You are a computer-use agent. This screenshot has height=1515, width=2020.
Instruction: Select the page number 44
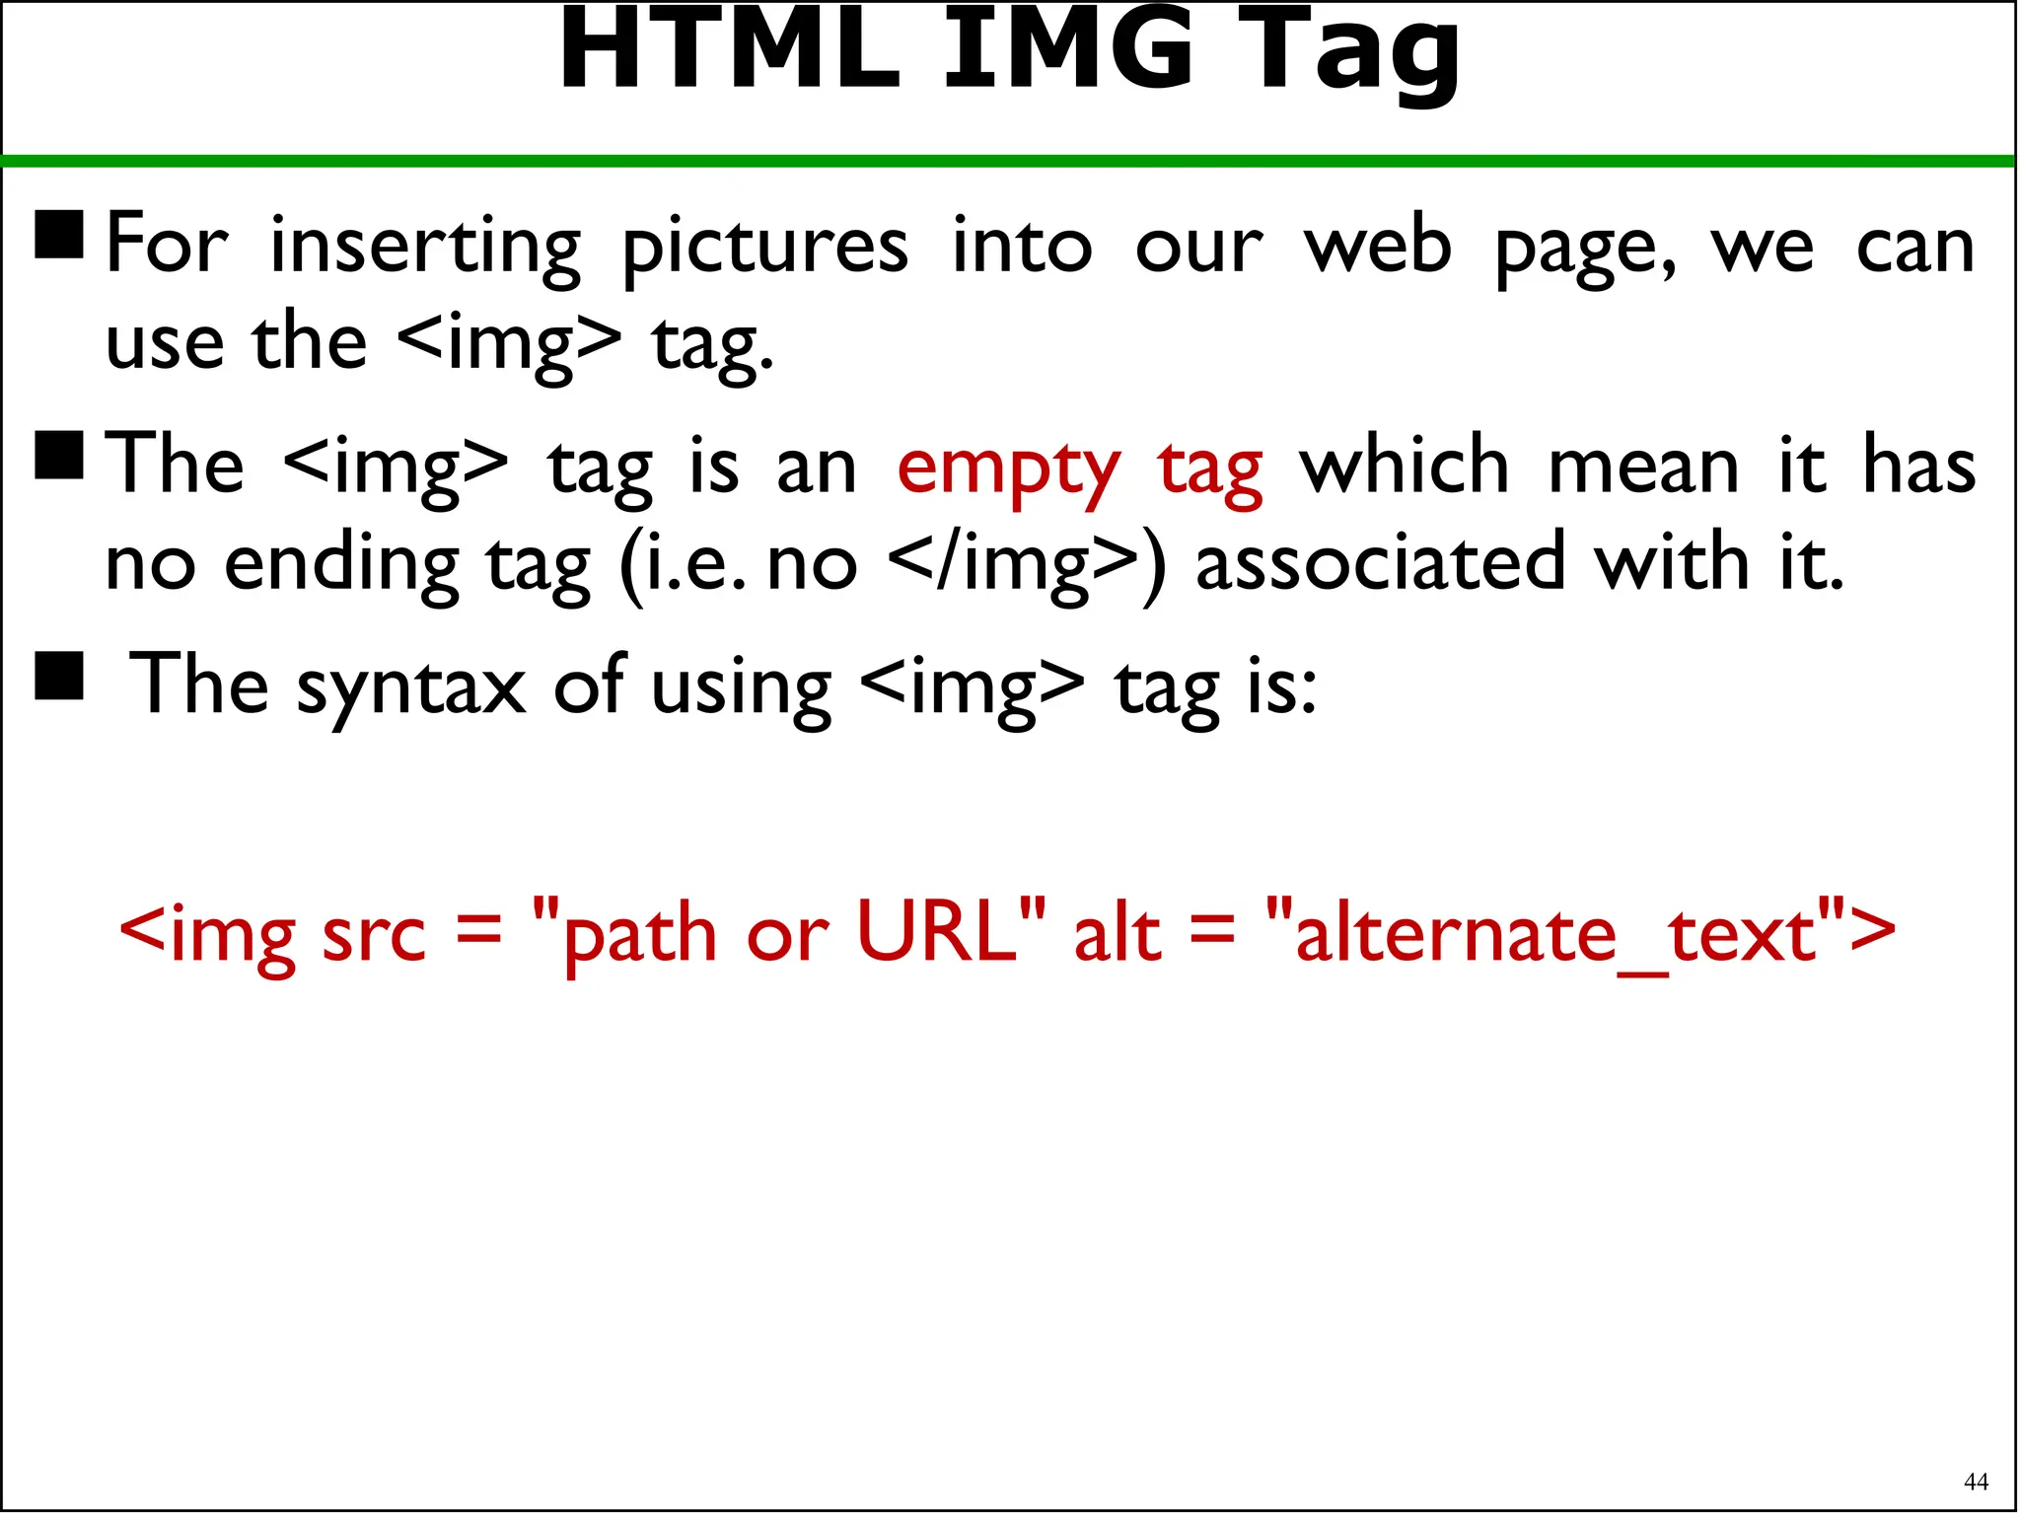(1976, 1480)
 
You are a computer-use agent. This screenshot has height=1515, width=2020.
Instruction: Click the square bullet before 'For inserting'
(59, 234)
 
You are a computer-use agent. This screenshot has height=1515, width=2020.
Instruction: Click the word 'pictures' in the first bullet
(764, 247)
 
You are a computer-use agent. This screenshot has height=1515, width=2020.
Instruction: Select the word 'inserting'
(425, 247)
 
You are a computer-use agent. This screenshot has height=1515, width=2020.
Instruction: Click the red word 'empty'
(1008, 469)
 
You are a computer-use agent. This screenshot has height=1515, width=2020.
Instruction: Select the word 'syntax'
(411, 687)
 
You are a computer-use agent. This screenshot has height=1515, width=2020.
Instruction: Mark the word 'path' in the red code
(639, 936)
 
